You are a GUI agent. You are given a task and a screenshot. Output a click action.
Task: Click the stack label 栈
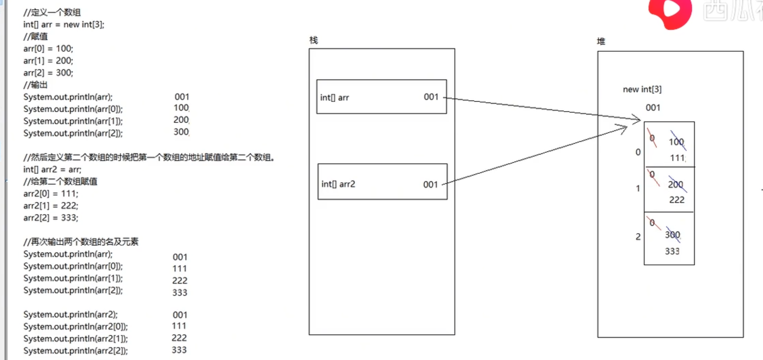[313, 40]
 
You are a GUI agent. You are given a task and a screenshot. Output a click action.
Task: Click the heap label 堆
[601, 42]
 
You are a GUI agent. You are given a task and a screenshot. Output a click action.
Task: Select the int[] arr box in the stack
[381, 97]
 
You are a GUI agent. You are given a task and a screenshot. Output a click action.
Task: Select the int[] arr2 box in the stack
[382, 182]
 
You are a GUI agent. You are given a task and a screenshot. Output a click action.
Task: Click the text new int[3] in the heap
[642, 90]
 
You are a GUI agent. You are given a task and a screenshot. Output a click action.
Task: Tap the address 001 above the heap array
[653, 108]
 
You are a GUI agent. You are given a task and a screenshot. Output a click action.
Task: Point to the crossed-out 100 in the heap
[677, 142]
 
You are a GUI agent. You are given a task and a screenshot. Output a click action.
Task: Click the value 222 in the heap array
[677, 200]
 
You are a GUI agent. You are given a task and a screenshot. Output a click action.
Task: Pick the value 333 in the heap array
[672, 251]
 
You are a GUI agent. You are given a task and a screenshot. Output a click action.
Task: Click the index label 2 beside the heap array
[638, 237]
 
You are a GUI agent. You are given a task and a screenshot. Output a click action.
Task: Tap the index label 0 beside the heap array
[638, 152]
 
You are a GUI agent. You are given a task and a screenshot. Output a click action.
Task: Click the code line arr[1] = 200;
[48, 61]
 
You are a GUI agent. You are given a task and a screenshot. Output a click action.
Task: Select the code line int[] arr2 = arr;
[52, 170]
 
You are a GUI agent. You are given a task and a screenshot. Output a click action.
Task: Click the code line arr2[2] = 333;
[51, 218]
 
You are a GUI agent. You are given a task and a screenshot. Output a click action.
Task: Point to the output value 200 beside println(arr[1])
[181, 120]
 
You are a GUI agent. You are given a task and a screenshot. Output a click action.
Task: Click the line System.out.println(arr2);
[71, 314]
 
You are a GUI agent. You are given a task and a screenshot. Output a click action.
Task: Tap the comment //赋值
[35, 37]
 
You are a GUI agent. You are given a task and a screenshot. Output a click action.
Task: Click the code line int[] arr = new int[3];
[64, 24]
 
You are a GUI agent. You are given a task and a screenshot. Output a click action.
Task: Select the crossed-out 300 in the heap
[673, 235]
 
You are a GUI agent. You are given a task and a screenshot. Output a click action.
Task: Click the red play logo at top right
[670, 12]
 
